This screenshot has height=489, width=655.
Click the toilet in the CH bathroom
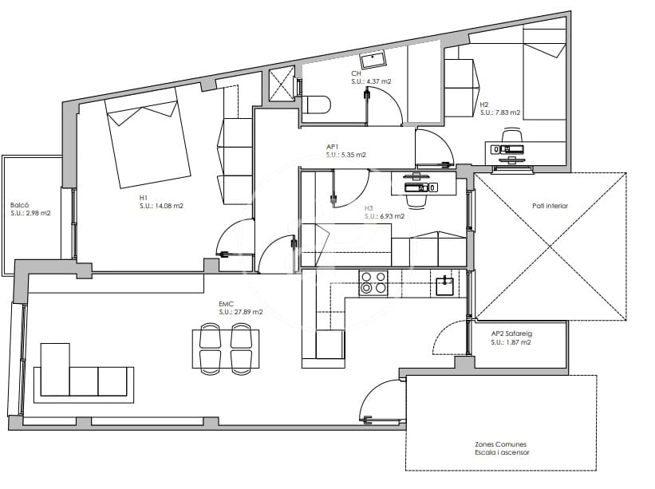pyautogui.click(x=316, y=105)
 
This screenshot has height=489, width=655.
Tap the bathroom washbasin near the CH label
pyautogui.click(x=374, y=59)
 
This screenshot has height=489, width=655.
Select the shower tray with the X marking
pyautogui.click(x=282, y=85)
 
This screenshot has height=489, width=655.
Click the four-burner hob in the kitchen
pyautogui.click(x=373, y=283)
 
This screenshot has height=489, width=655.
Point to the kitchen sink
pyautogui.click(x=445, y=286)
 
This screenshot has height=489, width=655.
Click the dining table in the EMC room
pyautogui.click(x=226, y=349)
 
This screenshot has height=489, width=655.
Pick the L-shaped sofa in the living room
pyautogui.click(x=84, y=378)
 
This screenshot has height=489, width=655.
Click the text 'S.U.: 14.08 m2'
pyautogui.click(x=161, y=206)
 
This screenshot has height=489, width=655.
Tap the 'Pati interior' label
pyautogui.click(x=550, y=206)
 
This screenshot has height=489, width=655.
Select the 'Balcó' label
pyautogui.click(x=19, y=205)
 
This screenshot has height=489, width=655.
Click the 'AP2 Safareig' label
pyautogui.click(x=511, y=333)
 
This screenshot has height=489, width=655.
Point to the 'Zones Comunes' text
pyautogui.click(x=500, y=444)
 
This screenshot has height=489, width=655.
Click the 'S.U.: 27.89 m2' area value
pyautogui.click(x=241, y=312)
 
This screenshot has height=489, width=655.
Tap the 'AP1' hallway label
pyautogui.click(x=332, y=147)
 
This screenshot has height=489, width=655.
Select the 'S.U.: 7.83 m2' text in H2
pyautogui.click(x=500, y=112)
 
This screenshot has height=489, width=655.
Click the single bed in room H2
pyautogui.click(x=544, y=74)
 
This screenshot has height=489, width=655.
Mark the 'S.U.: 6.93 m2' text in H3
pyautogui.click(x=385, y=216)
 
